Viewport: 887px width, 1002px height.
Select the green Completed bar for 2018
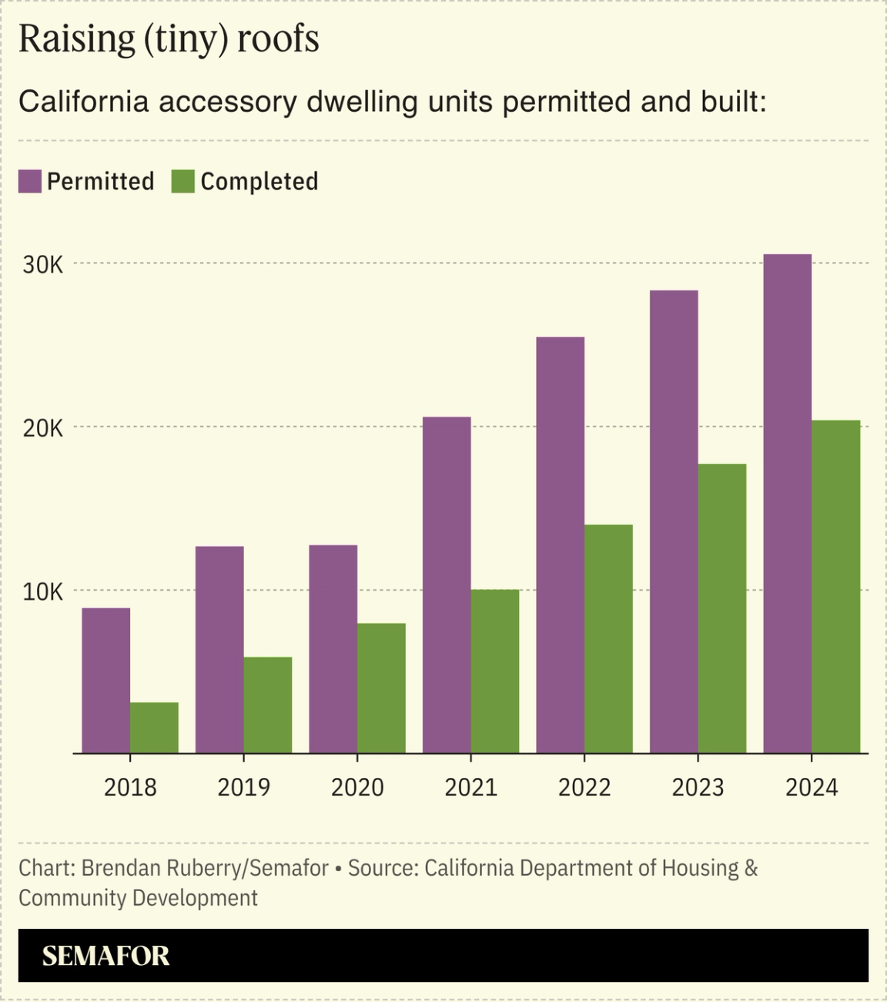click(x=154, y=727)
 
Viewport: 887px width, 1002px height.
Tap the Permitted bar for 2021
click(x=447, y=585)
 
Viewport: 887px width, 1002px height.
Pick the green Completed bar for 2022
click(x=608, y=638)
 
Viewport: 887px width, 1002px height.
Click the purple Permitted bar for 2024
click(x=787, y=504)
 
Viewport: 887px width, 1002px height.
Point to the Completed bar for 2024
click(x=835, y=586)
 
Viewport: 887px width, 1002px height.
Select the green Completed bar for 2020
click(x=381, y=688)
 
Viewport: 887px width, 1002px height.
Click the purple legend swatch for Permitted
click(x=30, y=182)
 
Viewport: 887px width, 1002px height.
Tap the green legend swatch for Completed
click(x=182, y=182)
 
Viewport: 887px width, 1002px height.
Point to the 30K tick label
click(x=43, y=265)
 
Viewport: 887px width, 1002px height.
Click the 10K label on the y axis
click(x=43, y=592)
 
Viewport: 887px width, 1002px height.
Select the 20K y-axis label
click(x=43, y=428)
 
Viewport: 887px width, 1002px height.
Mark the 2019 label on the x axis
click(x=243, y=787)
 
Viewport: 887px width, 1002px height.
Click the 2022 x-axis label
click(x=584, y=787)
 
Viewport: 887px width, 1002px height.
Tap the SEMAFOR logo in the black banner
click(x=105, y=956)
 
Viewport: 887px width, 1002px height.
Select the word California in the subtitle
click(x=83, y=102)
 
